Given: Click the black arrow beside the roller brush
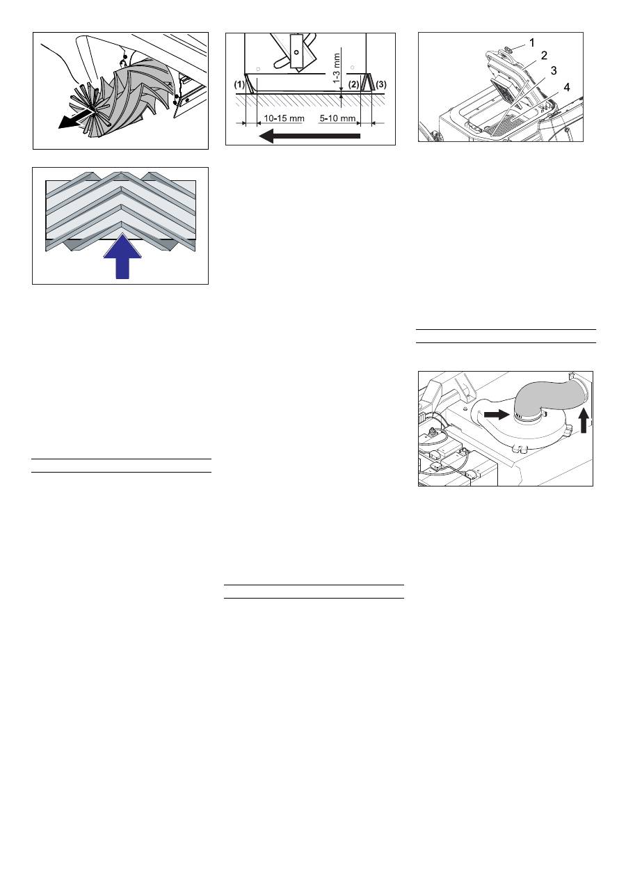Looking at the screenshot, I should coord(74,119).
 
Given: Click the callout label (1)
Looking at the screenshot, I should coord(238,84).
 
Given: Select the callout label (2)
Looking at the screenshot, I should coord(355,84).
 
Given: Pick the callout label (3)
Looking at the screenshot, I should coord(380,84).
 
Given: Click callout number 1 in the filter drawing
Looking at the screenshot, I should coord(532,42).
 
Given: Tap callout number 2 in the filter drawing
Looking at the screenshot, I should coord(545,55).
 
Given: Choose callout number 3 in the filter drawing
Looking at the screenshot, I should coord(554,70).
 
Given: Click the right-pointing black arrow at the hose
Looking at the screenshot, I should coord(495,413).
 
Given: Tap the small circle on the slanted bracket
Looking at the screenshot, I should coord(295,53).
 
